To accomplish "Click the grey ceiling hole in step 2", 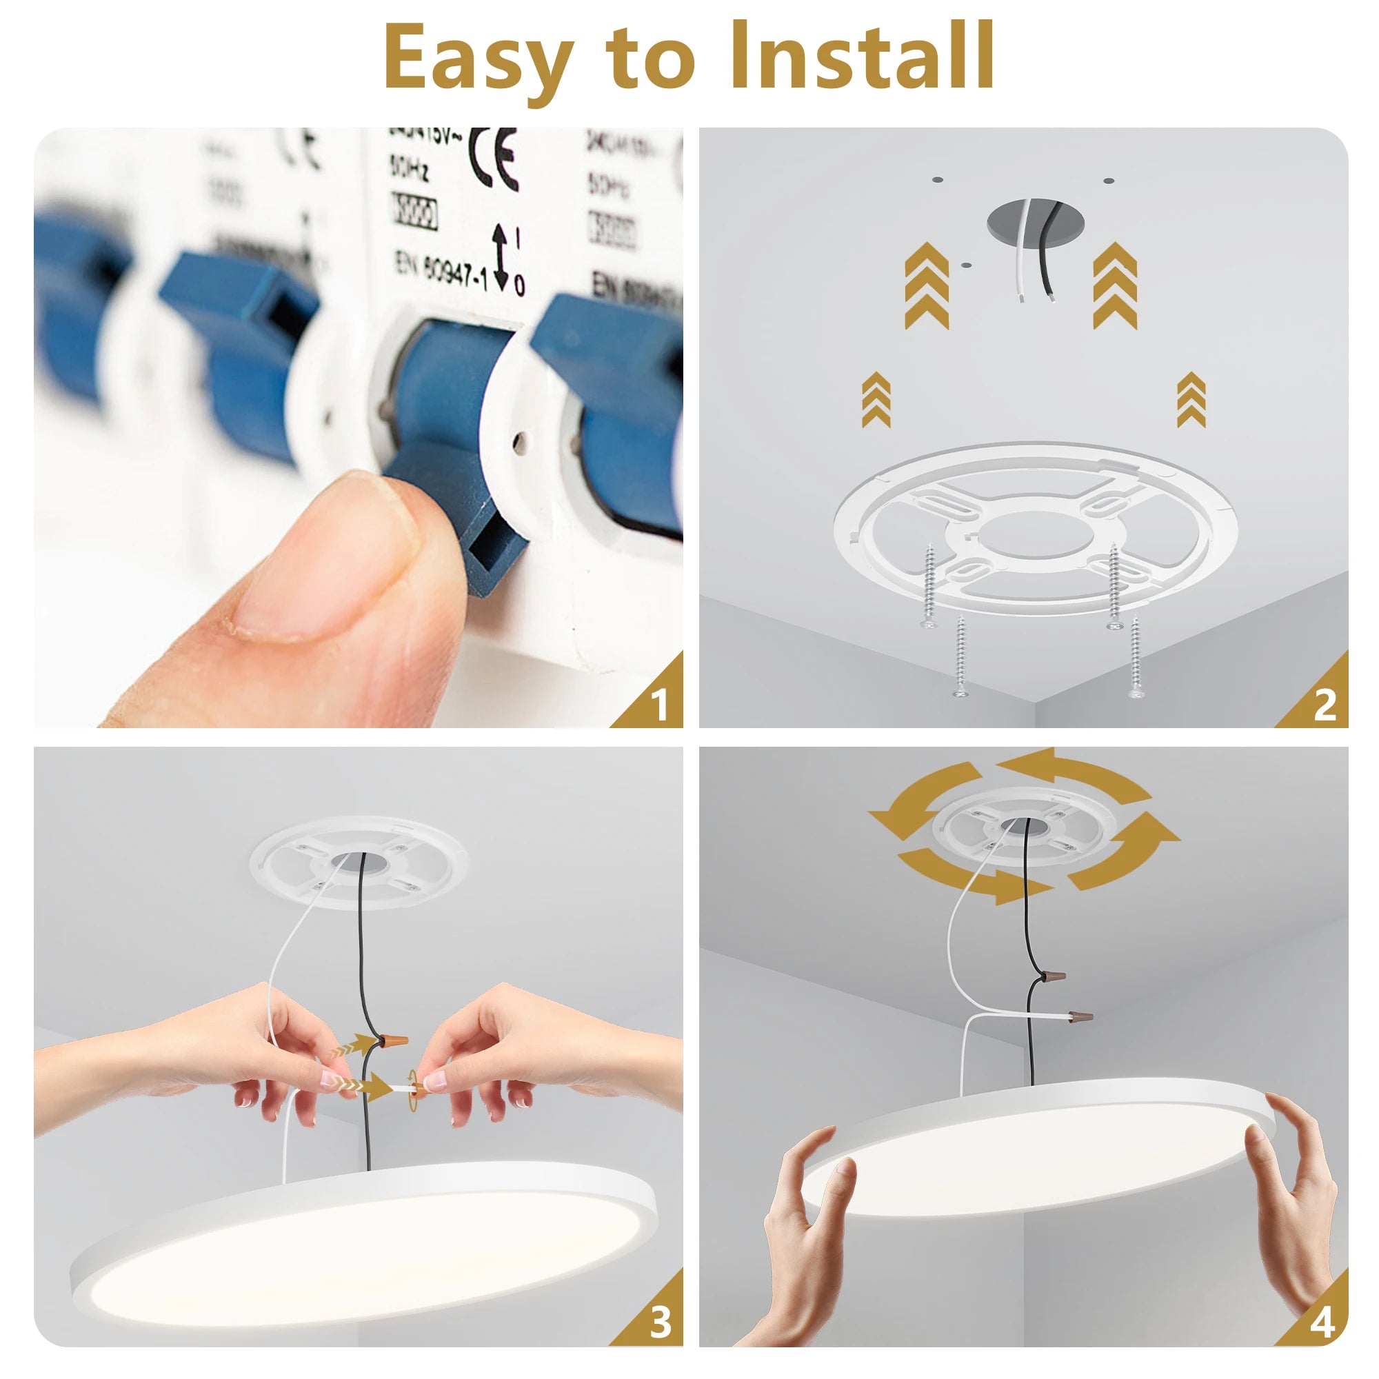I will [x=1034, y=218].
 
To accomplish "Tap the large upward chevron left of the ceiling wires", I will [x=927, y=285].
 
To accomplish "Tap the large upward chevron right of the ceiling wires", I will [x=1115, y=285].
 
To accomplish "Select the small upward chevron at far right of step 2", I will [x=1191, y=400].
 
